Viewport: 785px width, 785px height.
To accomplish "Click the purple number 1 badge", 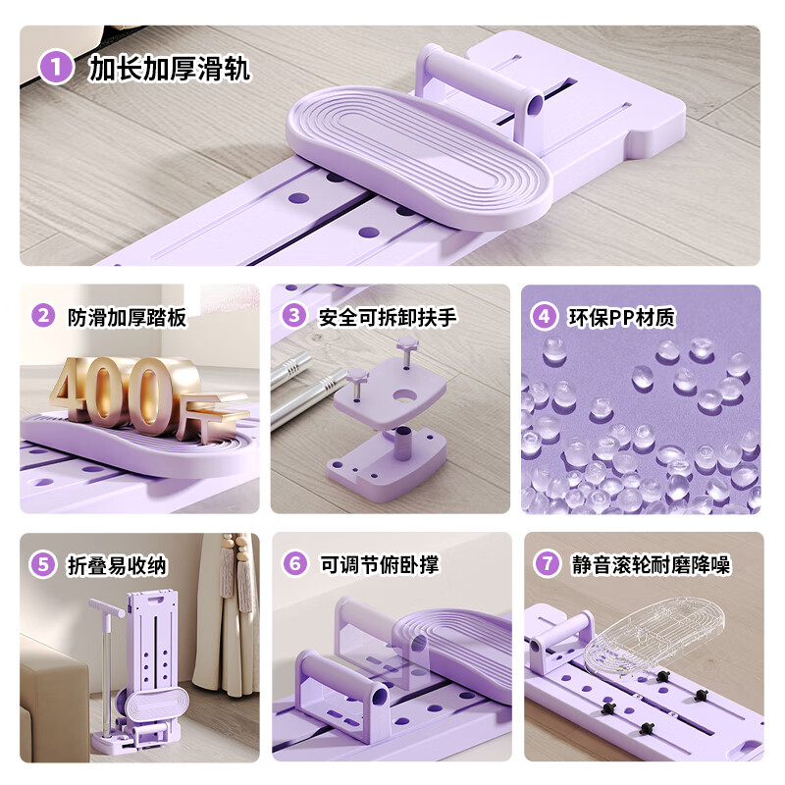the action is pyautogui.click(x=56, y=67).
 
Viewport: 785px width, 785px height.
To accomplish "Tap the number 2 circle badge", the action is pyautogui.click(x=43, y=316).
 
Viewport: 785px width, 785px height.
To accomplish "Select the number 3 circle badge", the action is pyautogui.click(x=293, y=316).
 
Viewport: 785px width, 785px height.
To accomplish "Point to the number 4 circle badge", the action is pyautogui.click(x=544, y=316).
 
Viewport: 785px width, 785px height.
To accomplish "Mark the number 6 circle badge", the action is pyautogui.click(x=295, y=563).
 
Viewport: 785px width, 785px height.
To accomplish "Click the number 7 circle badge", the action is pyautogui.click(x=548, y=563).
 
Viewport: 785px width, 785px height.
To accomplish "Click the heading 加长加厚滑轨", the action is pyautogui.click(x=169, y=68).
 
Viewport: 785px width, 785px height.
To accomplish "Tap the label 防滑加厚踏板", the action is pyautogui.click(x=127, y=317).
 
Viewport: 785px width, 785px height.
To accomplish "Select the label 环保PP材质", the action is pyautogui.click(x=621, y=317).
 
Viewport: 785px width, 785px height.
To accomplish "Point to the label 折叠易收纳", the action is pyautogui.click(x=117, y=566).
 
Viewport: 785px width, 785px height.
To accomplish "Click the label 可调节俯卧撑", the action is pyautogui.click(x=380, y=565).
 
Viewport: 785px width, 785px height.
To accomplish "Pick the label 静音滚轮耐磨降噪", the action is pyautogui.click(x=652, y=565).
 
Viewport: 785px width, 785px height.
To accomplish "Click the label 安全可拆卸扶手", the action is pyautogui.click(x=388, y=317).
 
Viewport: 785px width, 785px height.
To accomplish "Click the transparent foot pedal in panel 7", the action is pyautogui.click(x=654, y=640).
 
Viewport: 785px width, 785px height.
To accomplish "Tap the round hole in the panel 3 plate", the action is pyautogui.click(x=406, y=396).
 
